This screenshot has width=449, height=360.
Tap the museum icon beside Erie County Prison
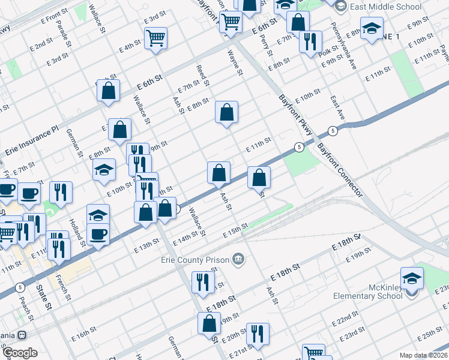[x=239, y=259]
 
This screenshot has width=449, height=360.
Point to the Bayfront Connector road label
[x=340, y=169]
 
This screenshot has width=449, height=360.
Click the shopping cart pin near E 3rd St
[x=155, y=38]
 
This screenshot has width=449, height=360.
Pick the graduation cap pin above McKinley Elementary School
[x=412, y=279]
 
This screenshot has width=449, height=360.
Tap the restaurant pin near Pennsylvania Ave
[x=310, y=41]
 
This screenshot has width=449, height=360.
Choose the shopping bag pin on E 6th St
[x=109, y=91]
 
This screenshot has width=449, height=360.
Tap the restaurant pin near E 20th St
[x=258, y=334]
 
